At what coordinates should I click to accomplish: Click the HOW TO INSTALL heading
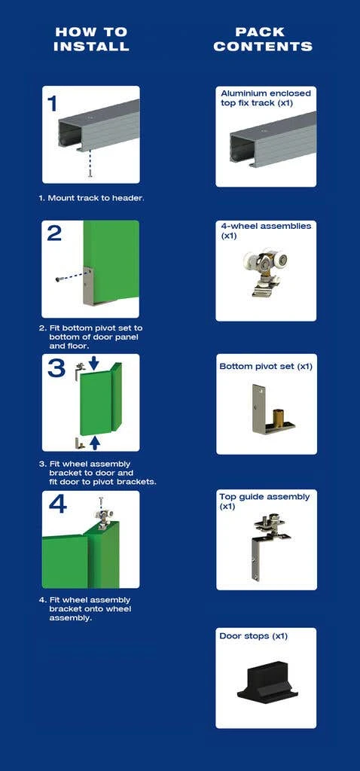click(91, 39)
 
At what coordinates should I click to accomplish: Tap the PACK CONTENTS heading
click(263, 39)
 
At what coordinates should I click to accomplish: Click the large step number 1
click(52, 104)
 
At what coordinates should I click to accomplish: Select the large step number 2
click(54, 233)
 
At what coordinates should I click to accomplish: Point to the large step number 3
click(56, 368)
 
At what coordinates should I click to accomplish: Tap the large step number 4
click(57, 504)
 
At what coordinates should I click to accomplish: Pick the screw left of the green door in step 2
click(60, 279)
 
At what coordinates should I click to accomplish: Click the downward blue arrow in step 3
click(94, 364)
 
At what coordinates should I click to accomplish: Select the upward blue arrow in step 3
click(96, 443)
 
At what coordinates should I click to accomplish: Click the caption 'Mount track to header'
click(96, 198)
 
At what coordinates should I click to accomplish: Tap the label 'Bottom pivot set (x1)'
click(266, 367)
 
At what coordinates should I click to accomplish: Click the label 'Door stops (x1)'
click(253, 636)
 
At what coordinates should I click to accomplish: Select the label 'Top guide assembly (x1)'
click(264, 501)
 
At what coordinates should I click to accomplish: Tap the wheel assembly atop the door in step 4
click(100, 517)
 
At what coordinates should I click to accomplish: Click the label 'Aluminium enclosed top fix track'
click(266, 98)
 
